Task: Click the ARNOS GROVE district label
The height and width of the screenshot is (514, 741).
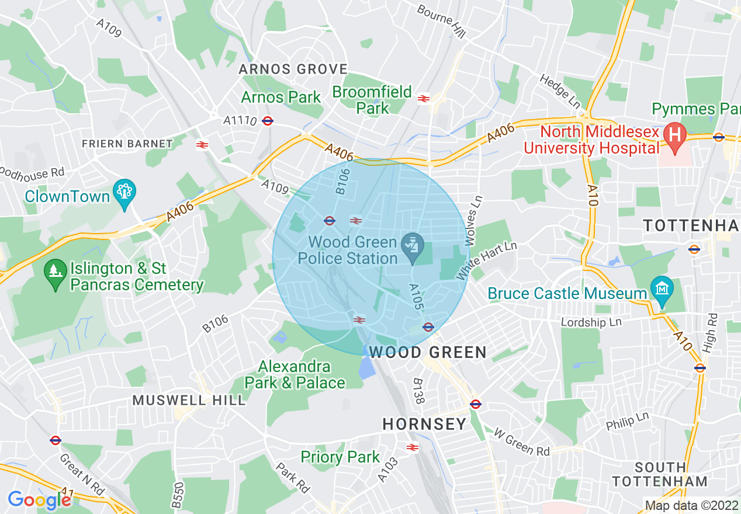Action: (x=293, y=69)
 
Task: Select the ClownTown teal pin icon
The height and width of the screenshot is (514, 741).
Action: (x=126, y=191)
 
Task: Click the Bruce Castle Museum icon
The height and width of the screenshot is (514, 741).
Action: (x=662, y=289)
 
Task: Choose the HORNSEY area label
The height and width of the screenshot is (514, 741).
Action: (x=424, y=424)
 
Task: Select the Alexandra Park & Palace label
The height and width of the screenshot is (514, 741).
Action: (x=295, y=375)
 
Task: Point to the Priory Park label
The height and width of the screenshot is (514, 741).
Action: (x=340, y=457)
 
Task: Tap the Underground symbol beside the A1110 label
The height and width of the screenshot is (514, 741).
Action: (x=268, y=121)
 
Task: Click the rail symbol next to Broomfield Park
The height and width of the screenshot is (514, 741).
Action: (x=424, y=99)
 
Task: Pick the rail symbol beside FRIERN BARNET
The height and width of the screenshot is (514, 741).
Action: (x=202, y=144)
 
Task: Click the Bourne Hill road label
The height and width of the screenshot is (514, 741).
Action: (x=442, y=22)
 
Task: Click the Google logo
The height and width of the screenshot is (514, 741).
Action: (x=39, y=500)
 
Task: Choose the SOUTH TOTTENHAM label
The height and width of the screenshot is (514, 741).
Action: (x=660, y=474)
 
